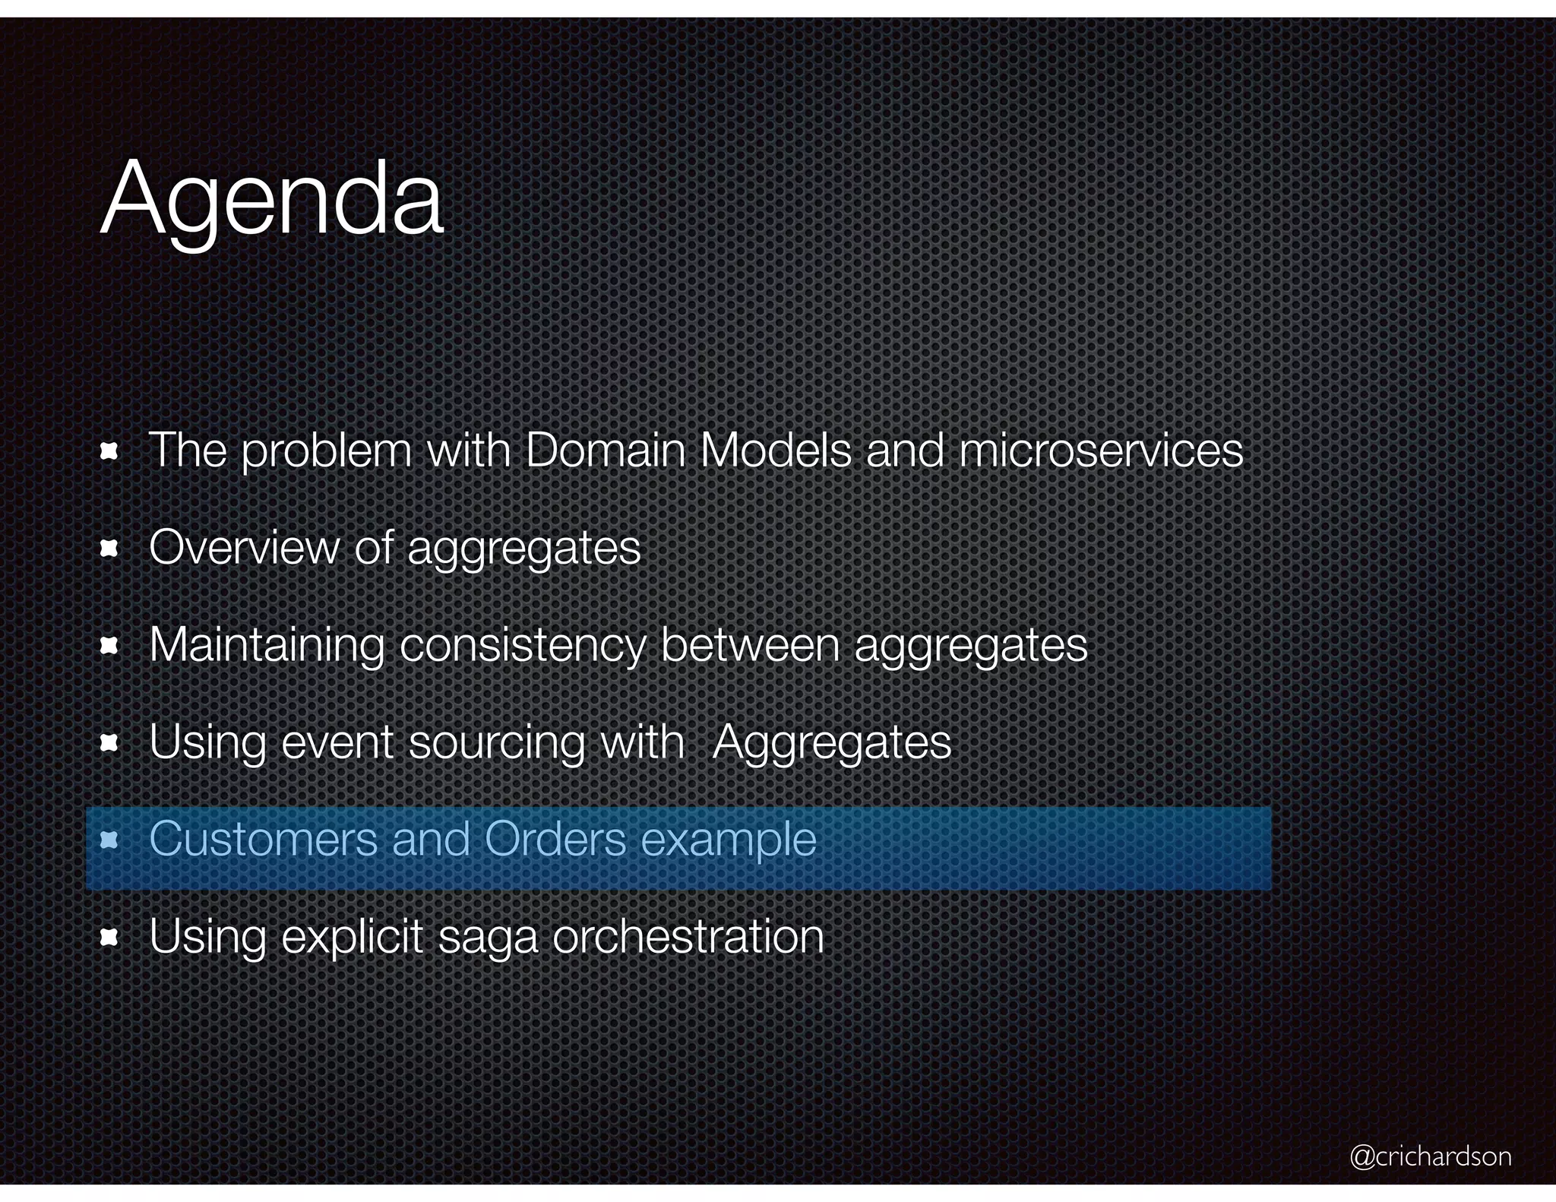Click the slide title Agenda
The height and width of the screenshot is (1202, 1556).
point(271,199)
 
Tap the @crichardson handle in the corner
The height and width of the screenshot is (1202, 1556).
point(1430,1156)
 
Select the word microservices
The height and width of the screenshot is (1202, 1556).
point(1101,450)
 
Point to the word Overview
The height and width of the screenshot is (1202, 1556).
point(244,547)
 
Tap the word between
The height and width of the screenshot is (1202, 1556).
point(750,644)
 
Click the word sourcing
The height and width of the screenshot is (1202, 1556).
point(497,743)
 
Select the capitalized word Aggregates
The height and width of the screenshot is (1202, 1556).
point(832,743)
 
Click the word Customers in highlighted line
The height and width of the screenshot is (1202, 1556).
point(263,839)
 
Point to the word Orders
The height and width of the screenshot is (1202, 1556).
point(555,839)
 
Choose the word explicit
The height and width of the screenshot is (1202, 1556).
point(352,937)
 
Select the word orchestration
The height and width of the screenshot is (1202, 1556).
point(688,936)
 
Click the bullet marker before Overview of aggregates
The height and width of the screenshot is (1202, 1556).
point(109,549)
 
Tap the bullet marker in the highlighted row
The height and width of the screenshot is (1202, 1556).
point(109,840)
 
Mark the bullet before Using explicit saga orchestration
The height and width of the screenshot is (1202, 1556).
point(109,938)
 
